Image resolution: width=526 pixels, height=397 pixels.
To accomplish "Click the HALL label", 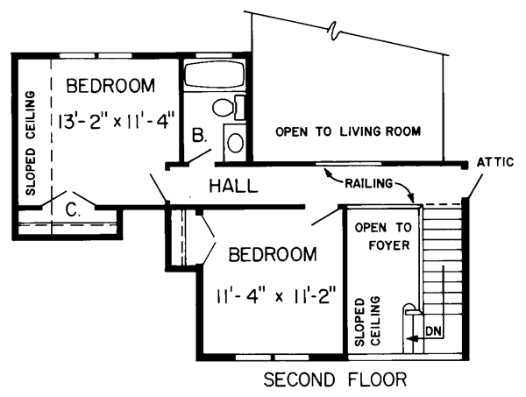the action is [234, 186].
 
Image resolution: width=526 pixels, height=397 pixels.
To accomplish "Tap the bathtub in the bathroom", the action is [215, 75].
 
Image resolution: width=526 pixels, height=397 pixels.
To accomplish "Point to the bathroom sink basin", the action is [236, 143].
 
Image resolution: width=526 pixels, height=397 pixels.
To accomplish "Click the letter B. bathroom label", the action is [200, 136].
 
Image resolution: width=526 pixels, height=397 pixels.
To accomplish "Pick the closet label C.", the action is [73, 210].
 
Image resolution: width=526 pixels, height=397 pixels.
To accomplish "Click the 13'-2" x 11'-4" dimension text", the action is [117, 121].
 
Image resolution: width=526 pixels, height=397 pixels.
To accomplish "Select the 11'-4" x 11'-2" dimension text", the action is [276, 296].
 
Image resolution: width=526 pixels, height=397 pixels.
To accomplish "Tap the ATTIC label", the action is [495, 162].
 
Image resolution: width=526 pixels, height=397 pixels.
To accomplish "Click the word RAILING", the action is [368, 183].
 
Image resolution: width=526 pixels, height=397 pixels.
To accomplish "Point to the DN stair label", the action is [434, 331].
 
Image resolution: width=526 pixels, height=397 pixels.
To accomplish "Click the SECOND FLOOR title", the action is [335, 379].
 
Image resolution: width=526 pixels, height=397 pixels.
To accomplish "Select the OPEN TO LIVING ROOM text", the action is [348, 131].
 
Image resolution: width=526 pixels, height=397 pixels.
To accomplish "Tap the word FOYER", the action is [389, 245].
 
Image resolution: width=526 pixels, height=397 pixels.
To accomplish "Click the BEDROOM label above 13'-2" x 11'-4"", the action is [110, 86].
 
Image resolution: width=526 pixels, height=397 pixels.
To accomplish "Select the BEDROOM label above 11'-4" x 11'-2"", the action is [273, 254].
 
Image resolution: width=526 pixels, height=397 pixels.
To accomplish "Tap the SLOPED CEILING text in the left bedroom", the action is [30, 143].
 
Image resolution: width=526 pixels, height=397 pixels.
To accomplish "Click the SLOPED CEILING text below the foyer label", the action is [367, 322].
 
